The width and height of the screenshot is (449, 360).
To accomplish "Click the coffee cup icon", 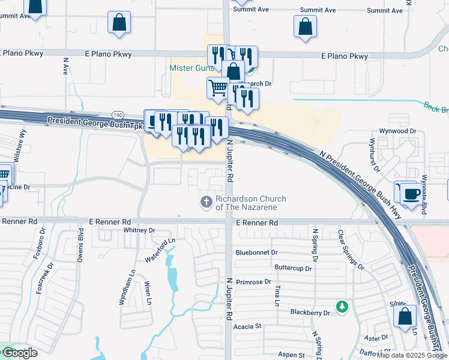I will pos(411,194).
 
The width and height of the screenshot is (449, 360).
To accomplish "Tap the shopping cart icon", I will pos(218,88).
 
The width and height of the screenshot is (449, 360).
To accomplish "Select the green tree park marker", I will pos(342,307).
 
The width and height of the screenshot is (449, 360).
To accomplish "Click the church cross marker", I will pos(206,202).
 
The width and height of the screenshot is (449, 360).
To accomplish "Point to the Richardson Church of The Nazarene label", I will pos(251,203).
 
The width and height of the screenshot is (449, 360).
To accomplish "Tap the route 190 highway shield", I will pos(117,115).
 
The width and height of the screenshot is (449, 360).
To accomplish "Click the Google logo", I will pos(19,353).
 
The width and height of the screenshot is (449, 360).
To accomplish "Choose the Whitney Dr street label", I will pos(139,230).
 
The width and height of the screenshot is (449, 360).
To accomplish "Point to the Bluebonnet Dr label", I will pos(257,253).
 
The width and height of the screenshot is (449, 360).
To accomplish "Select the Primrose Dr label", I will pos(253,281).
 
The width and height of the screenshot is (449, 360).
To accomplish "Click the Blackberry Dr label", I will pos(310,313).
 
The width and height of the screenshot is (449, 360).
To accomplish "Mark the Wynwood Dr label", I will pos(397,131).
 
